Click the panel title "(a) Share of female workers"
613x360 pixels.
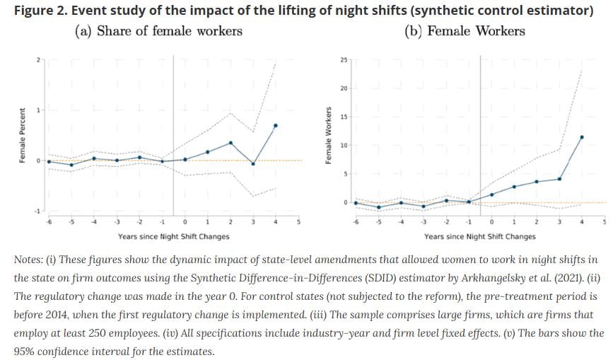point(158,31)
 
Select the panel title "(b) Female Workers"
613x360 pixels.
point(464,31)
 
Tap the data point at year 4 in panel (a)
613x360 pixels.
point(275,125)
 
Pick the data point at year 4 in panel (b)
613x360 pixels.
point(581,137)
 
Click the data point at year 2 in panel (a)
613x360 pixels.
point(230,143)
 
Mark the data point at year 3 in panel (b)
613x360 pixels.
point(559,178)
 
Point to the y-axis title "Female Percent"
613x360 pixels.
point(22,135)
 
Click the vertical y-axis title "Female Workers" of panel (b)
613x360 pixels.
point(328,136)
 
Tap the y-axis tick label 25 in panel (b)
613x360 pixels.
point(344,60)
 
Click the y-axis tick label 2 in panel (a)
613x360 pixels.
point(38,59)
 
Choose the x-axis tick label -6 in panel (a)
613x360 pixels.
point(49,222)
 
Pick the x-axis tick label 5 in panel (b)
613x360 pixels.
point(604,222)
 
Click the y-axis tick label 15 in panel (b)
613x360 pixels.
point(344,117)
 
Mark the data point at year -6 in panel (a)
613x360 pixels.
point(49,161)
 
